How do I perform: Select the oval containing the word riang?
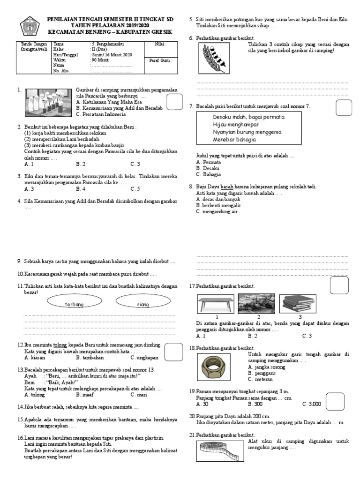(x=142, y=304)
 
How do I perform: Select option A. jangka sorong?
(x=268, y=367)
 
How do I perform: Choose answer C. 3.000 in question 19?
(x=312, y=404)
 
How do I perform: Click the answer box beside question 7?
(x=343, y=109)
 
